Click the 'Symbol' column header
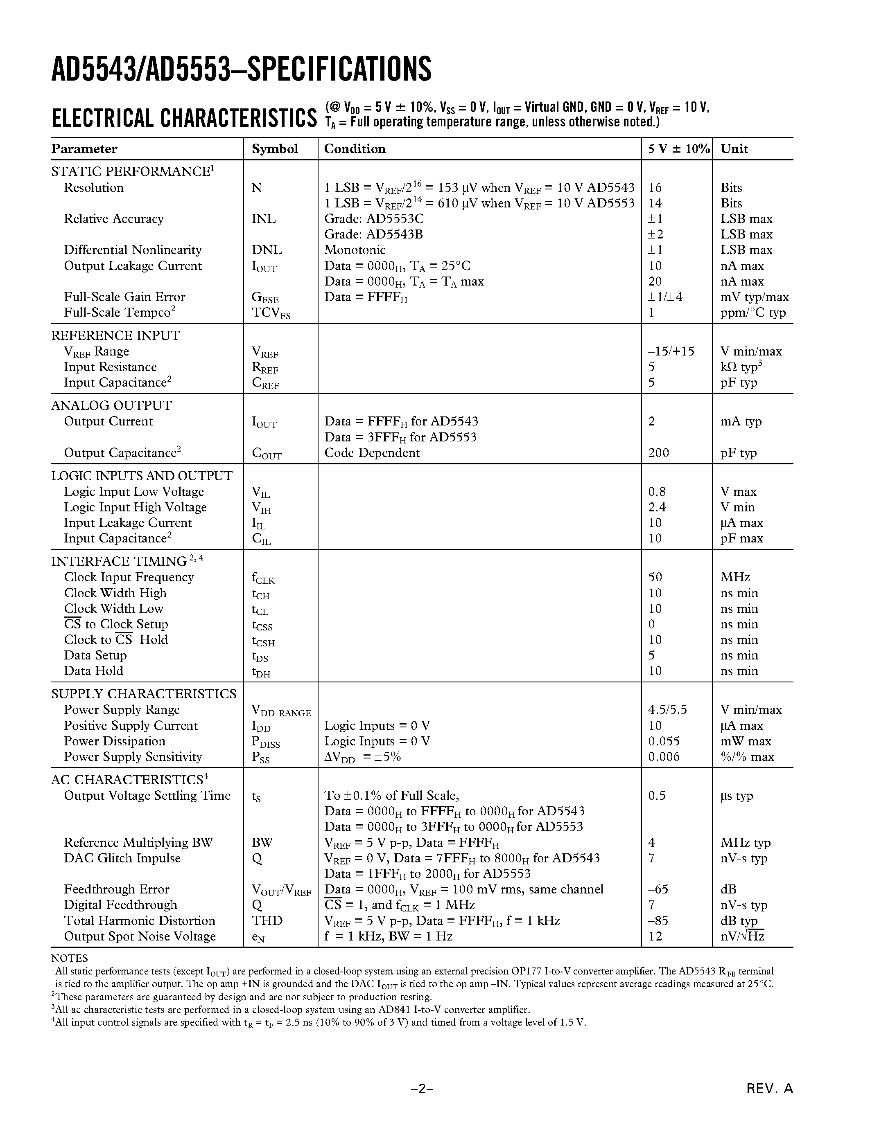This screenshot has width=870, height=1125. (x=275, y=149)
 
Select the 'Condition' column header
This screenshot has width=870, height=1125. (x=355, y=149)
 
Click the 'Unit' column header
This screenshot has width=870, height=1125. (x=734, y=149)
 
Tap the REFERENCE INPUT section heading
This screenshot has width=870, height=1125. (x=115, y=335)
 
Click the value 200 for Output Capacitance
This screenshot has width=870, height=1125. (x=659, y=453)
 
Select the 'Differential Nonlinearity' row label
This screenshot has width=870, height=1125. (x=133, y=250)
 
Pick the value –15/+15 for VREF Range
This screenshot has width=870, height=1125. (x=671, y=351)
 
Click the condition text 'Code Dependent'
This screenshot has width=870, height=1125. (x=372, y=453)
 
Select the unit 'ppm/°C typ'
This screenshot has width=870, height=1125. (x=753, y=313)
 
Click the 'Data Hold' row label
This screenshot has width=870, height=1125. (x=93, y=670)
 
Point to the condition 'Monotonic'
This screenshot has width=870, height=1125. (x=355, y=250)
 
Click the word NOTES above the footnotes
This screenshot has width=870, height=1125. (x=69, y=958)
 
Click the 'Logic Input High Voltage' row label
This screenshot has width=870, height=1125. (x=135, y=507)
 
